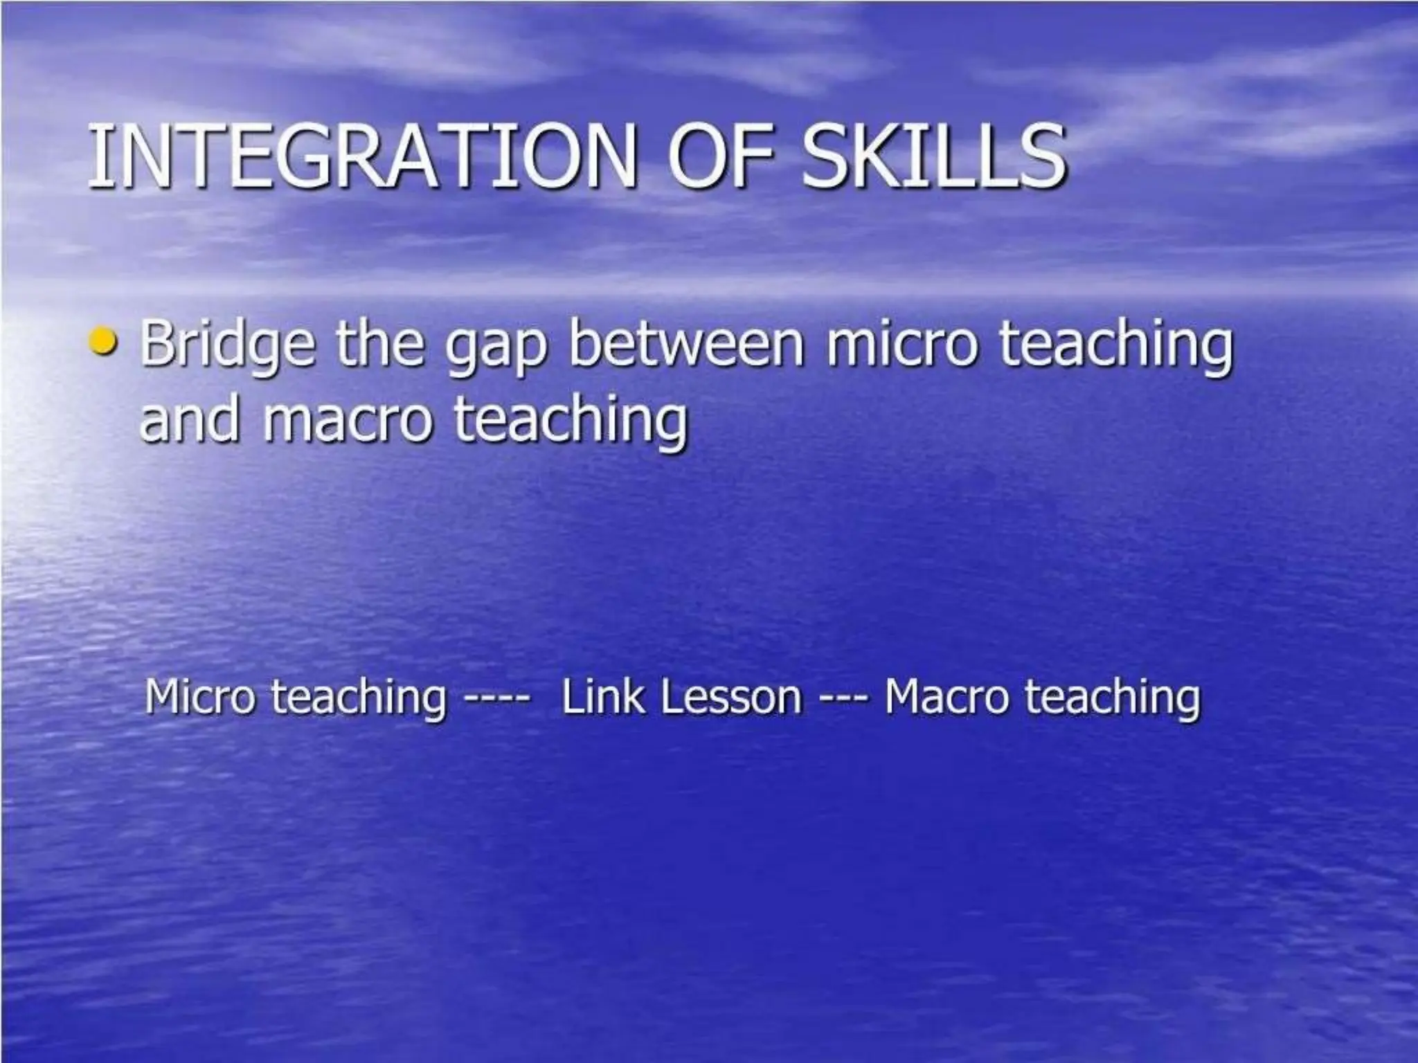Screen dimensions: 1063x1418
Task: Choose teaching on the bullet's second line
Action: coord(571,420)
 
